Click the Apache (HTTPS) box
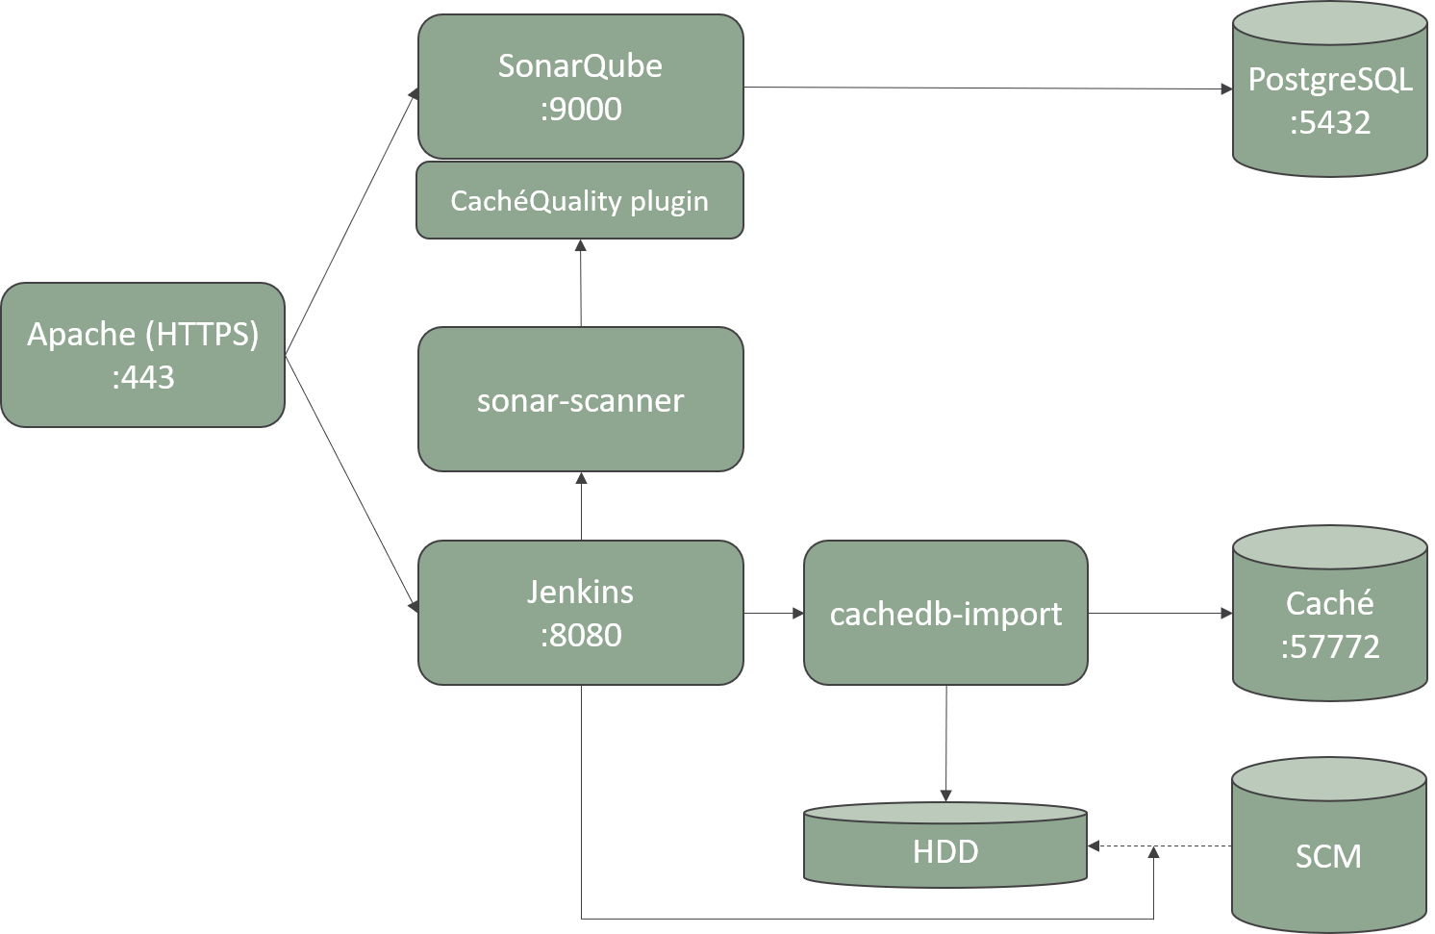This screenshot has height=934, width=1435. click(x=142, y=354)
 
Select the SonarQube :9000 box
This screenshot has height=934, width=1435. click(x=580, y=87)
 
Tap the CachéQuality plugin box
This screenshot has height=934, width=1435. click(x=580, y=201)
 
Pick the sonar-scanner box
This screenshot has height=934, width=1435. click(x=580, y=399)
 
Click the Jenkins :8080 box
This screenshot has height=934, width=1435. click(x=580, y=613)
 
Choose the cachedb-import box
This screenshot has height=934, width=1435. click(x=945, y=613)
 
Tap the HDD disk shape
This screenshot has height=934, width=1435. click(x=945, y=850)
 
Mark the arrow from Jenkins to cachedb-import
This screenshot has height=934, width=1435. click(x=773, y=613)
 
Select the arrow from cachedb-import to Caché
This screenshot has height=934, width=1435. click(x=1159, y=613)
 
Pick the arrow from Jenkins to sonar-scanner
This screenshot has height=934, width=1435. click(x=581, y=507)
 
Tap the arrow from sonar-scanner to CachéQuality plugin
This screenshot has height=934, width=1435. click(x=581, y=284)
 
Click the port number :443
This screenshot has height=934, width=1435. click(x=142, y=377)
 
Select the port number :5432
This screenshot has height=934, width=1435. click(x=1329, y=123)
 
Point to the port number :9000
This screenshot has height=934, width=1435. click(x=580, y=110)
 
